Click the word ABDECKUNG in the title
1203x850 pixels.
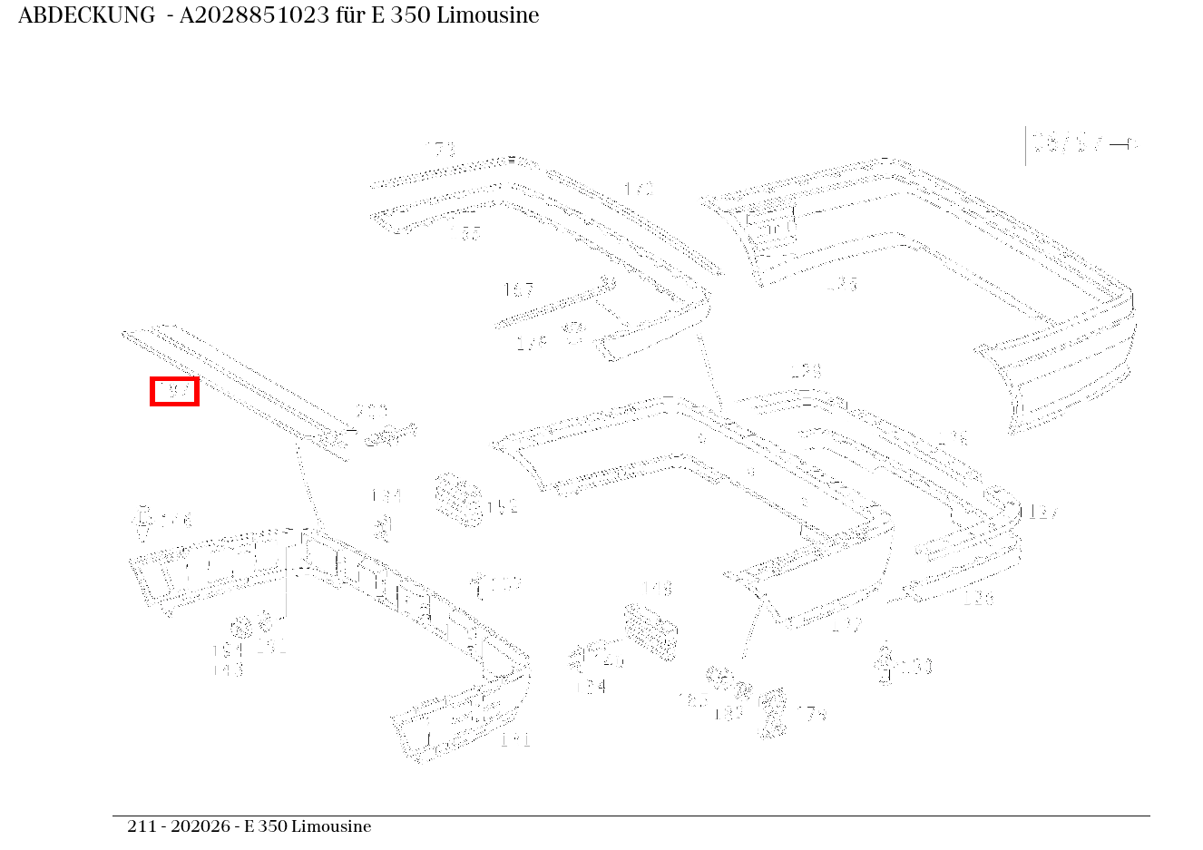[x=86, y=15]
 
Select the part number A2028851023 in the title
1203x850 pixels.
[x=254, y=15]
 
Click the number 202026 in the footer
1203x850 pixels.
[x=200, y=826]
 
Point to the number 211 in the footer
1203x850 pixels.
[x=141, y=826]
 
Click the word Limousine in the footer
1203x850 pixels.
[x=331, y=826]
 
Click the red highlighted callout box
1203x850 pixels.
[x=174, y=391]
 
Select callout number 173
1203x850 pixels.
[x=441, y=148]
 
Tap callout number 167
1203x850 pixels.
[x=518, y=290]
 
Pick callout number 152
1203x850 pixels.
[x=503, y=506]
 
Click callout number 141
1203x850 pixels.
[x=515, y=740]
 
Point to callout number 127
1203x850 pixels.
[x=1043, y=513]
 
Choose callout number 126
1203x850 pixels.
[x=978, y=598]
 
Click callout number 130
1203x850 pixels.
[x=916, y=667]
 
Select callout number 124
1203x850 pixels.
[x=591, y=687]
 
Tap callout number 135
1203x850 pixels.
[x=842, y=284]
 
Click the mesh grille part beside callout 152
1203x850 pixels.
[x=458, y=499]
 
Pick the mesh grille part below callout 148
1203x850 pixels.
[x=650, y=630]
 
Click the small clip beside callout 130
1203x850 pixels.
[x=885, y=664]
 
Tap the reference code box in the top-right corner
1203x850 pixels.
[x=1080, y=144]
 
